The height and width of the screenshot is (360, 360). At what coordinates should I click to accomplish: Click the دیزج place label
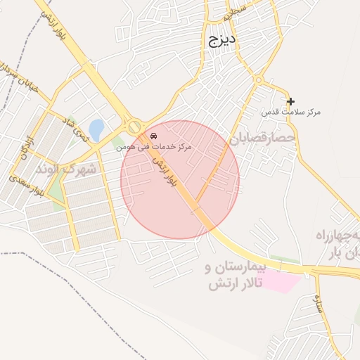[223, 41]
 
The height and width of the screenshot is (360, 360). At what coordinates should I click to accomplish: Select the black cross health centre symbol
[290, 101]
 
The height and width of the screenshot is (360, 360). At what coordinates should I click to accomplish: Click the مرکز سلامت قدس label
[291, 112]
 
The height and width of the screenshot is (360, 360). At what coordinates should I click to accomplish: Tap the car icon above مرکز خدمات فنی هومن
[154, 135]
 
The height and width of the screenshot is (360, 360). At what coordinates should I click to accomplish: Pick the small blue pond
[96, 129]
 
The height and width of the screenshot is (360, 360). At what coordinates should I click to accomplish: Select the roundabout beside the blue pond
[134, 127]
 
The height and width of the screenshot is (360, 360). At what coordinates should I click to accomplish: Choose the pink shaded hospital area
[283, 282]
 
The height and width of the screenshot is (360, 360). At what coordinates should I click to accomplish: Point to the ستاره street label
[319, 304]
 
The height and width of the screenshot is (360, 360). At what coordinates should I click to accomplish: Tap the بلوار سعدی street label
[27, 186]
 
